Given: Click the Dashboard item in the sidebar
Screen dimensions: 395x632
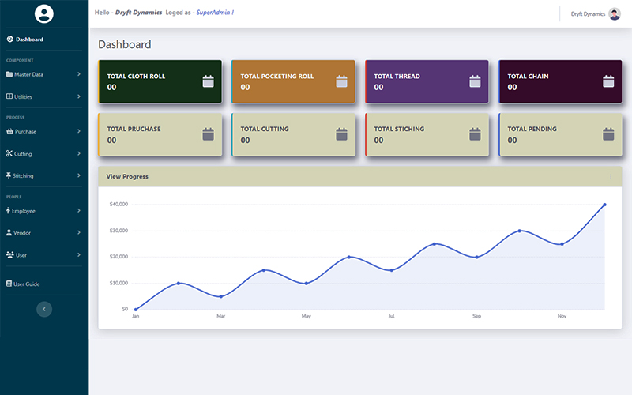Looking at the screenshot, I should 29,39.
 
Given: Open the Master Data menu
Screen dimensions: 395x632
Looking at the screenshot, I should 28,74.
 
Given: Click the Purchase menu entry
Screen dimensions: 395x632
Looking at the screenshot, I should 25,131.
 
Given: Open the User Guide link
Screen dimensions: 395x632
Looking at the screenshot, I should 26,284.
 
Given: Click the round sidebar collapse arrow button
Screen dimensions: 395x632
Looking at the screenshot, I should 44,309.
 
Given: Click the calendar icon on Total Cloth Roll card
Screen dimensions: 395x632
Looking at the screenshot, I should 209,81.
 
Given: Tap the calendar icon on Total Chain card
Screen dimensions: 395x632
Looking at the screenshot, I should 608,81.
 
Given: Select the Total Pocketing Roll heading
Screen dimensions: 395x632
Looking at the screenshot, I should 276,77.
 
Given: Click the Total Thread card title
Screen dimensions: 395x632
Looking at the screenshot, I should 397,77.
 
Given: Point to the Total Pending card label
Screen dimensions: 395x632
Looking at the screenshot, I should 532,129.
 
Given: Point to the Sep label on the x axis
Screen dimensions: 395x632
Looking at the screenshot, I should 476,316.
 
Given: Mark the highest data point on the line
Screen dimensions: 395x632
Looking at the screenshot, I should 604,205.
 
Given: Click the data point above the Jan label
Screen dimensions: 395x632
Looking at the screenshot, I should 136,309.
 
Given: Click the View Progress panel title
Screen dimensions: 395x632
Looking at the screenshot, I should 127,176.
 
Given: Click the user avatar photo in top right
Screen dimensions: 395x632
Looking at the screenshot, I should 615,13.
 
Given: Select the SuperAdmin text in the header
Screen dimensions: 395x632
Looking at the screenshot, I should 215,13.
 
